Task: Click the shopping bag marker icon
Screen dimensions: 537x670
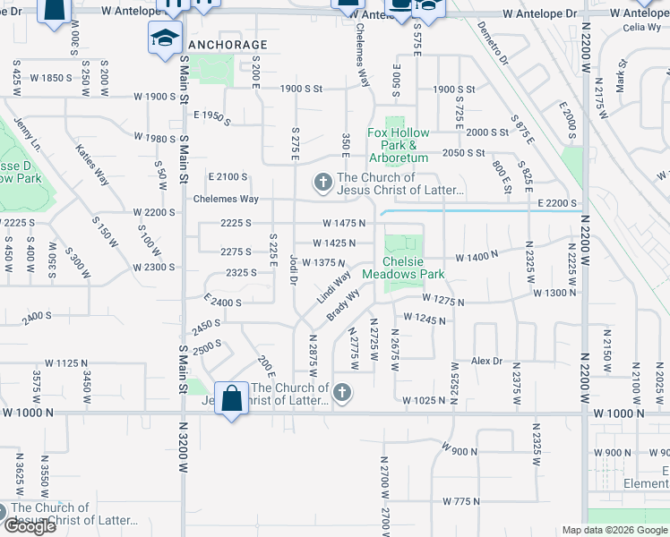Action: point(231,398)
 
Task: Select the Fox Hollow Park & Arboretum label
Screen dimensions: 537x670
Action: point(399,145)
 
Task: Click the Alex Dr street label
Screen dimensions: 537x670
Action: point(487,361)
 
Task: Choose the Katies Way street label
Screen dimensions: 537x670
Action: point(92,165)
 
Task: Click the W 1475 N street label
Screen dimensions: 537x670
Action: point(345,223)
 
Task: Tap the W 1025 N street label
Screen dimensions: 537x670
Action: point(423,400)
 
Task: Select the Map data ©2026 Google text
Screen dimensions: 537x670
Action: point(614,530)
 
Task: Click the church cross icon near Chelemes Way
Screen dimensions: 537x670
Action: point(322,183)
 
